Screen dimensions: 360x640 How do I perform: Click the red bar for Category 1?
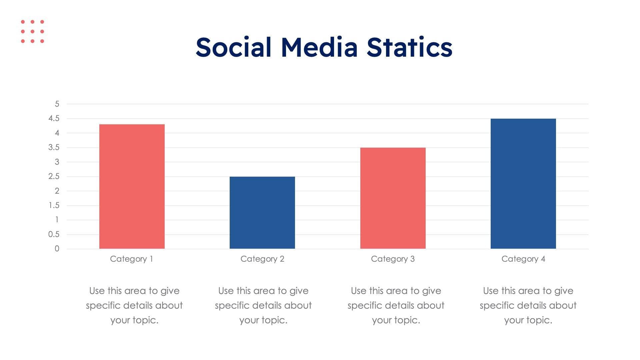[x=132, y=186]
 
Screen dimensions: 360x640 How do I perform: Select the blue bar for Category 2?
[x=262, y=212]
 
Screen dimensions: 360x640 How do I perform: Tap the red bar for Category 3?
[x=393, y=198]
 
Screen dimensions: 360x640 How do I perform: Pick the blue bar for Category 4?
[x=523, y=183]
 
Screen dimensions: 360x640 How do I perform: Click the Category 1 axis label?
[x=132, y=259]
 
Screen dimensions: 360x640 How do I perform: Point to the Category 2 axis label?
[x=262, y=259]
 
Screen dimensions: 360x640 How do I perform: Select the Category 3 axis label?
[x=393, y=259]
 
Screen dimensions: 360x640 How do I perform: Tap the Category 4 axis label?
[x=523, y=259]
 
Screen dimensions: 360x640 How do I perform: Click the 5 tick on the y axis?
[x=57, y=104]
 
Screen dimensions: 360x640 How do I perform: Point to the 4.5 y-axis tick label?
[x=54, y=118]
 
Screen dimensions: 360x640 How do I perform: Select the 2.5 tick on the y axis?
[x=54, y=176]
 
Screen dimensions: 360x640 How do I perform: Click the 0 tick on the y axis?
[x=57, y=249]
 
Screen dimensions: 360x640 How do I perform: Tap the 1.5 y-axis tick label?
[x=54, y=205]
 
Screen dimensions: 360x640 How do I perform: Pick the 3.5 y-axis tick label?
[x=54, y=147]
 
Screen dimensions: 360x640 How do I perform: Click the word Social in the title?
[x=233, y=47]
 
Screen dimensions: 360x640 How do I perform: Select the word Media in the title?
[x=319, y=47]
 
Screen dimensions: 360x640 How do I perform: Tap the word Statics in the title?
[x=409, y=47]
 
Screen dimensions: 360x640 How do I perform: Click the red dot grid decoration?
[x=32, y=31]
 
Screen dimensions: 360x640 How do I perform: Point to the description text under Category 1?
[x=134, y=305]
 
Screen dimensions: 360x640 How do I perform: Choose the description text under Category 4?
[x=528, y=305]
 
